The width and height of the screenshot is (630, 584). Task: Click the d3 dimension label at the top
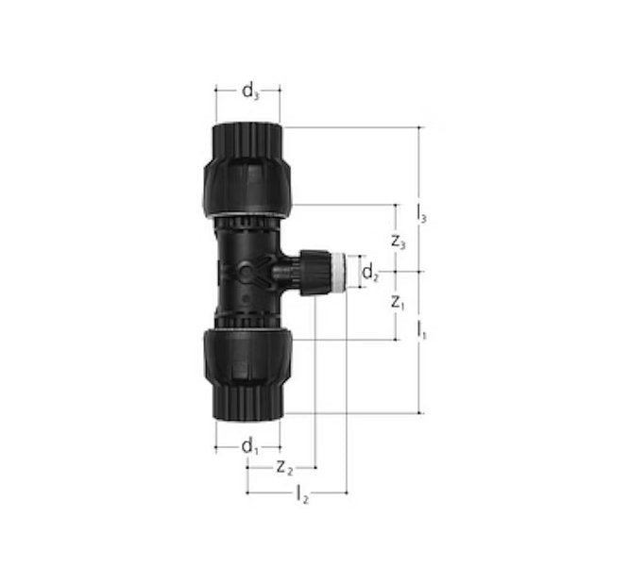click(250, 92)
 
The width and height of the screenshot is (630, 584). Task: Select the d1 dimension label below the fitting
click(250, 447)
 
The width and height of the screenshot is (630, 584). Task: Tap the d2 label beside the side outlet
click(370, 274)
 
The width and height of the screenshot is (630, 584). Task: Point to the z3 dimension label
click(399, 242)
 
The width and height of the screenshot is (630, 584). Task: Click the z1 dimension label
click(398, 303)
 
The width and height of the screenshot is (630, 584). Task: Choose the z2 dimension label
click(285, 468)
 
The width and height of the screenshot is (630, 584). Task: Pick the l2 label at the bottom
click(301, 494)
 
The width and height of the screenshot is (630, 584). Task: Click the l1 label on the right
click(421, 330)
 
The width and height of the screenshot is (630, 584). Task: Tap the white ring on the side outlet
click(338, 272)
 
